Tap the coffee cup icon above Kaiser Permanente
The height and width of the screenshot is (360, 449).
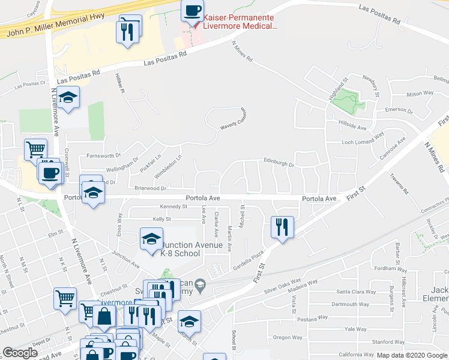192,11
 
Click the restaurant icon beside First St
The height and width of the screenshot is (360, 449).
282,227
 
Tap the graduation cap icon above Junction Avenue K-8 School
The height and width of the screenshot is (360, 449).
151,239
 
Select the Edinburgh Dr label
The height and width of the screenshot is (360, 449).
279,161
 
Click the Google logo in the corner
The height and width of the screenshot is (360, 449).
20,353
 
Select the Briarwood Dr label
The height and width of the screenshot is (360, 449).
133,188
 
